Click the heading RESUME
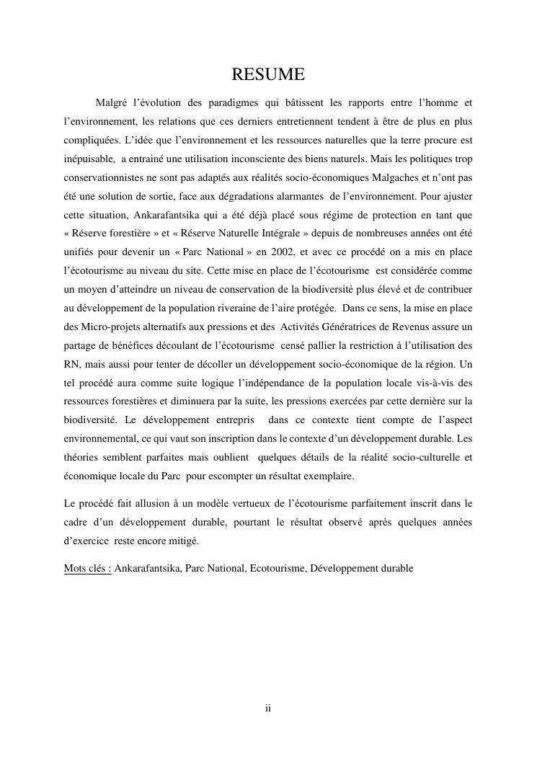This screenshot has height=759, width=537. click(x=268, y=74)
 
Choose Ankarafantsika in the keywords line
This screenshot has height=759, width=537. click(x=148, y=568)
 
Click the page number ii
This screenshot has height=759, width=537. click(x=268, y=709)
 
